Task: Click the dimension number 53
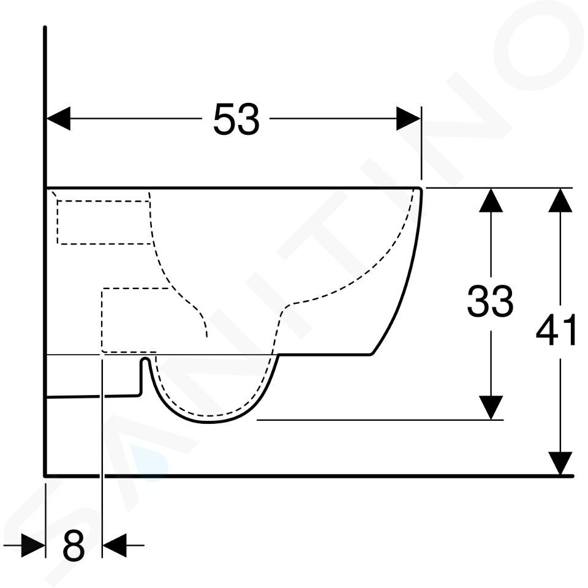click(x=236, y=119)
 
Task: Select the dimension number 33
click(x=490, y=300)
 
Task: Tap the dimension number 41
click(x=557, y=330)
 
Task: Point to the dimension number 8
click(x=73, y=545)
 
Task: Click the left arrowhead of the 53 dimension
click(x=58, y=118)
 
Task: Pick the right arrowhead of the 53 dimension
click(x=409, y=118)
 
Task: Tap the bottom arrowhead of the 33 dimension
click(x=491, y=408)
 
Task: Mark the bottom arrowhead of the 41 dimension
click(x=560, y=464)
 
